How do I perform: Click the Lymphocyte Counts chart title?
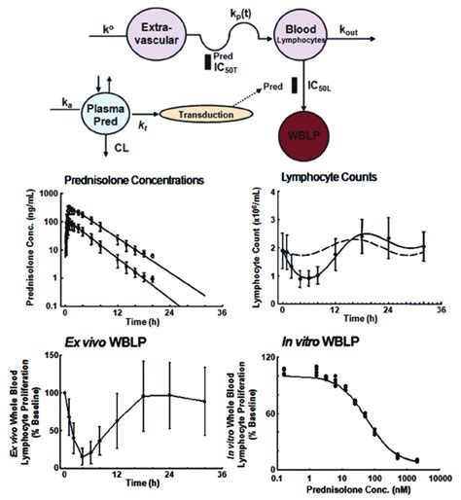pos(346,180)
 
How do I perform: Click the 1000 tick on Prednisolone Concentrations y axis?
pos(50,195)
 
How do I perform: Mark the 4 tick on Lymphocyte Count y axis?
pos(269,194)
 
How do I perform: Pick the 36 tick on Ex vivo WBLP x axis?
pos(221,476)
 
